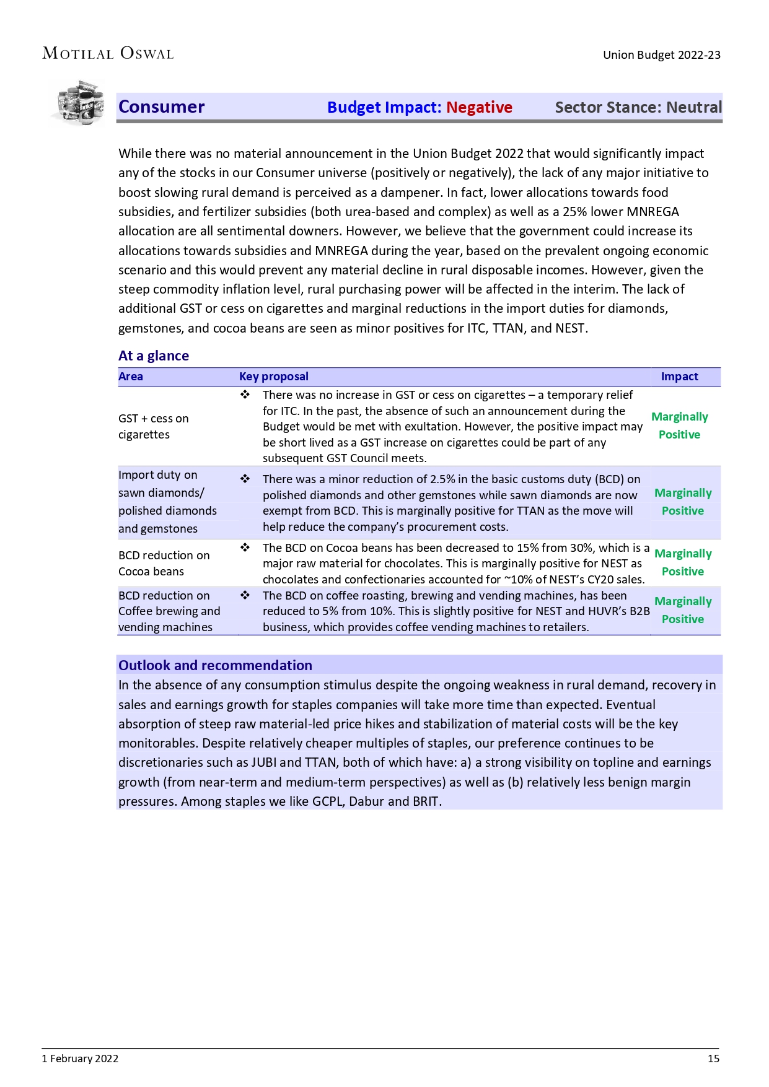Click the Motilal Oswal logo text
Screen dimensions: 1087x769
point(108,54)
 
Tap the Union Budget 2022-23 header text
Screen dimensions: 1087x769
point(661,55)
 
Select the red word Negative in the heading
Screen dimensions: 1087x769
point(479,107)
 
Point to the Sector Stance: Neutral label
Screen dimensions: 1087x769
point(638,107)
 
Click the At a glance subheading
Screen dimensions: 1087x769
point(153,356)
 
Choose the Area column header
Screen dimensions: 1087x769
point(131,377)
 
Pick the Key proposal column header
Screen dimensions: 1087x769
point(273,377)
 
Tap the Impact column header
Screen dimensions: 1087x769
point(679,377)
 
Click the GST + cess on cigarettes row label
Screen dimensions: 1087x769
point(153,426)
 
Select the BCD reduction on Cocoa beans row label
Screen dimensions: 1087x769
point(164,563)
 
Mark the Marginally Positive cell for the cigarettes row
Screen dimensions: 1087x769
point(679,426)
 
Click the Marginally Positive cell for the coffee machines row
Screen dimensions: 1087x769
point(682,610)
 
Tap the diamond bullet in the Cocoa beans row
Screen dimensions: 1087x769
point(245,548)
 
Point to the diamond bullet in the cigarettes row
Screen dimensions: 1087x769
point(245,395)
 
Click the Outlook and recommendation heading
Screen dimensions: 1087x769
point(215,665)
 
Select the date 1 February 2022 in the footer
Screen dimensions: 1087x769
point(80,1059)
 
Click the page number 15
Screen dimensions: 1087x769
point(713,1059)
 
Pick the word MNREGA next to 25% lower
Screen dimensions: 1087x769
point(653,212)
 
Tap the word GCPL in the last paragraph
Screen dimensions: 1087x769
point(327,801)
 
